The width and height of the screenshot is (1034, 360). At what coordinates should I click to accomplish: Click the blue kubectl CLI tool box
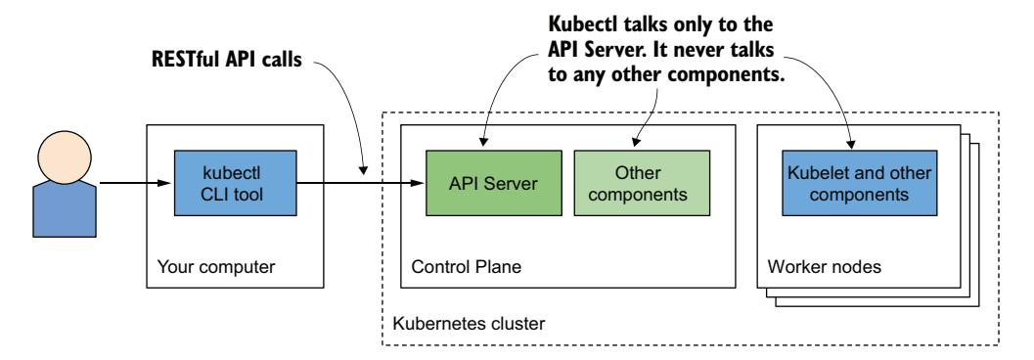point(235,181)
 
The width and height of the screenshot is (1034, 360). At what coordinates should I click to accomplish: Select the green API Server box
point(485,181)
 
